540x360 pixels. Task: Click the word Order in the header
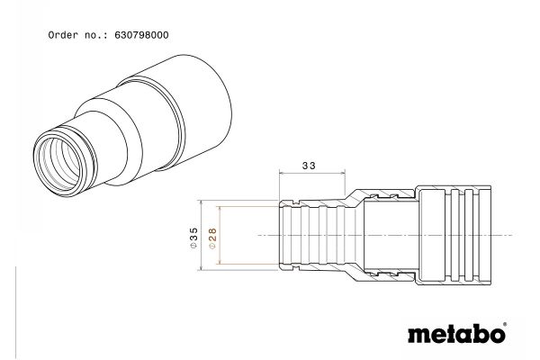[x=61, y=35]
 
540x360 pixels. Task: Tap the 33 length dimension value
[x=309, y=166]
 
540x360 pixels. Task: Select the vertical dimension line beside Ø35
[x=202, y=233]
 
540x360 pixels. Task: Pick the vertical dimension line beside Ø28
[x=220, y=233]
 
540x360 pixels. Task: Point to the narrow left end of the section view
[x=290, y=233]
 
